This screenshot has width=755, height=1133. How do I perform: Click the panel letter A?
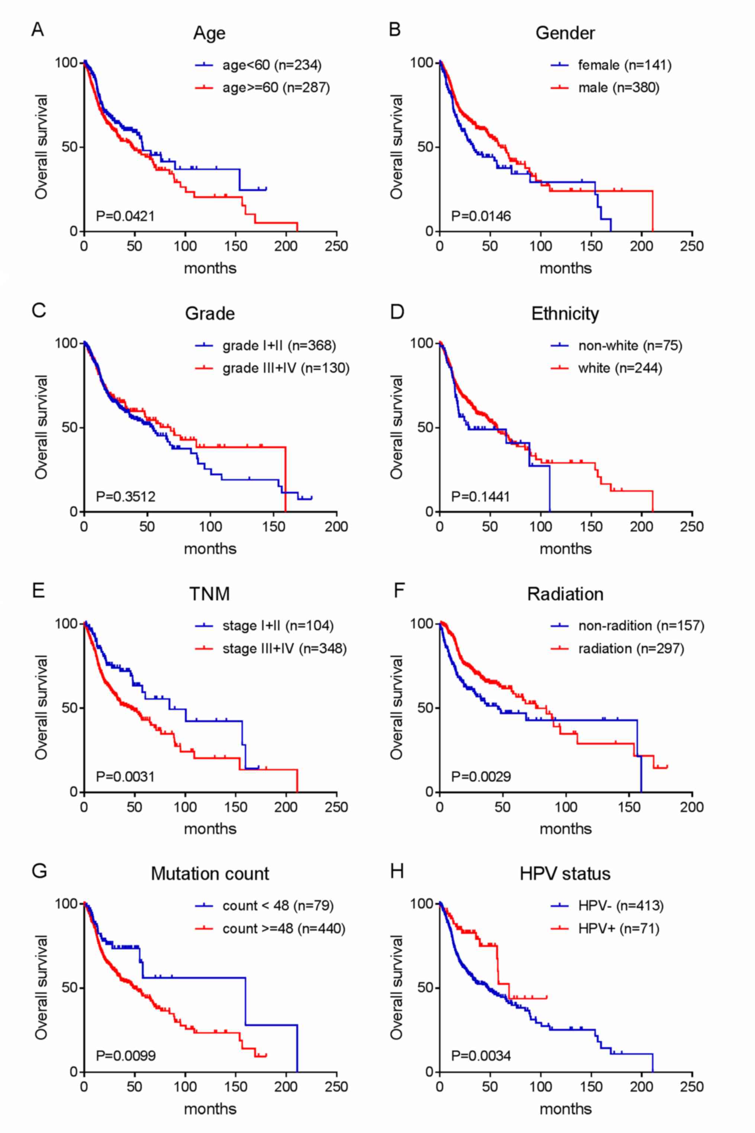point(38,29)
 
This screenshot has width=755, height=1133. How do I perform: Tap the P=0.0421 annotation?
point(125,216)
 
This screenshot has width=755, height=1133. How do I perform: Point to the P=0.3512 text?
point(126,496)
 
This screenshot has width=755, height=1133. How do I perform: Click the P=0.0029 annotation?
point(481,777)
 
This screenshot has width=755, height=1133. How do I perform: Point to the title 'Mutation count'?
point(210,874)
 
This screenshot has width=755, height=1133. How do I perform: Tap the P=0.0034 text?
point(481,1056)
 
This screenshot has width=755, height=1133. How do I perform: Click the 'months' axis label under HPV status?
point(565,1109)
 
